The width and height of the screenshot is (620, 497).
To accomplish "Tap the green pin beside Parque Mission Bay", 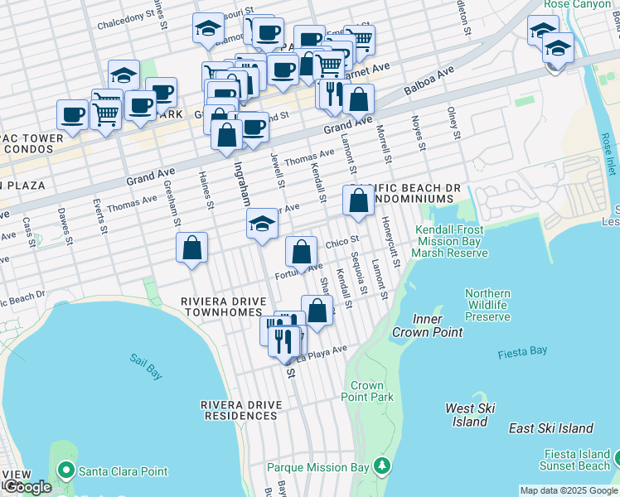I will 381,466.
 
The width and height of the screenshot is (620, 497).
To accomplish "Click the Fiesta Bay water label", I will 523,352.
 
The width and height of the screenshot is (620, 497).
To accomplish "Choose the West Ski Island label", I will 470,415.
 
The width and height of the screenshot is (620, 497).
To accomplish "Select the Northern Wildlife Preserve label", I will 487,305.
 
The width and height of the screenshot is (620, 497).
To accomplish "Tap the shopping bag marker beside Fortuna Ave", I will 303,251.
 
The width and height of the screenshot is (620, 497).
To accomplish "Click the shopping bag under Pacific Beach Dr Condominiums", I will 358,200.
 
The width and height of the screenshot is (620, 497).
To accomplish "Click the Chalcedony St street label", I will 126,21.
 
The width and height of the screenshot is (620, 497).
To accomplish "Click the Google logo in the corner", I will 27,487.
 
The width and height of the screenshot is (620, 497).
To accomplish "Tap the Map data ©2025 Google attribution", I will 568,490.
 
